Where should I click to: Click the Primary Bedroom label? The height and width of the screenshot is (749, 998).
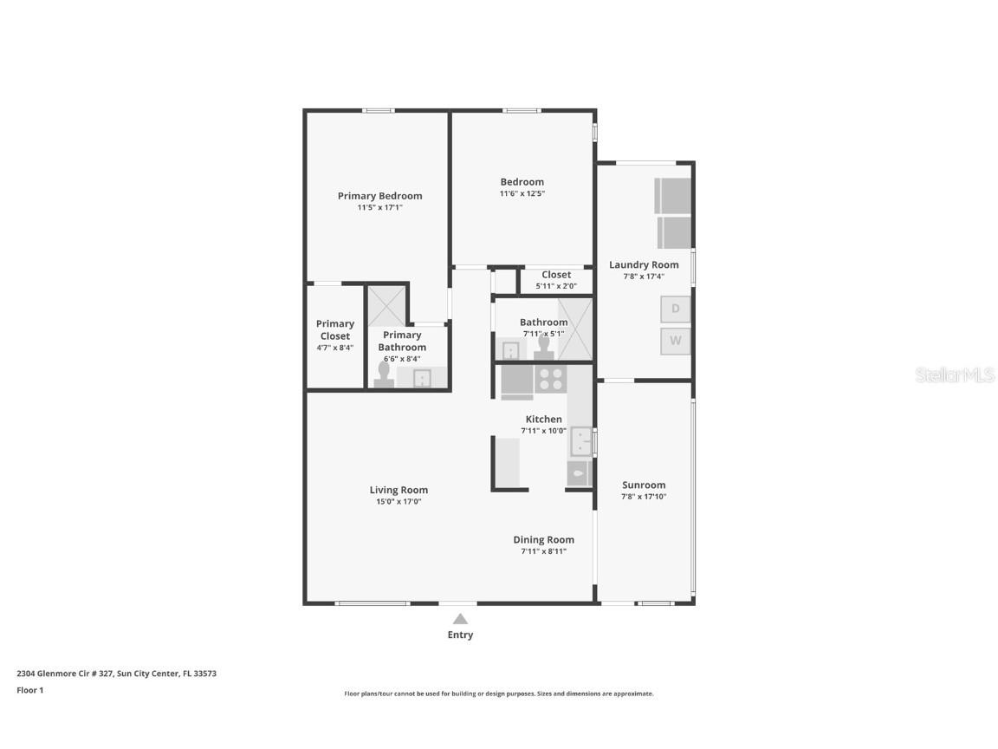pyautogui.click(x=379, y=196)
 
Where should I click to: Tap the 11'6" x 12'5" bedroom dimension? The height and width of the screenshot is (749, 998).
pyautogui.click(x=522, y=194)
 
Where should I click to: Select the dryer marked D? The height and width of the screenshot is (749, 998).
pyautogui.click(x=675, y=309)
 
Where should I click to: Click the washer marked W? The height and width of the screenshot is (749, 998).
pyautogui.click(x=675, y=341)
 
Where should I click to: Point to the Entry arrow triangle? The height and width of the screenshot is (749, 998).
pyautogui.click(x=460, y=619)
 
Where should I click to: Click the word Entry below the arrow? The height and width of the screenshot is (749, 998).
pyautogui.click(x=460, y=635)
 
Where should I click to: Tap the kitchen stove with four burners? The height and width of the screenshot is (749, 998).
pyautogui.click(x=551, y=380)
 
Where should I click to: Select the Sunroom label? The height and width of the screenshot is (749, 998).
pyautogui.click(x=644, y=485)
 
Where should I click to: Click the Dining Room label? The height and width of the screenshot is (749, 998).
pyautogui.click(x=543, y=539)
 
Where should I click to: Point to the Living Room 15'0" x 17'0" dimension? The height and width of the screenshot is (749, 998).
pyautogui.click(x=399, y=501)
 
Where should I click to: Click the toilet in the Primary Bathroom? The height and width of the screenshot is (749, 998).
pyautogui.click(x=384, y=373)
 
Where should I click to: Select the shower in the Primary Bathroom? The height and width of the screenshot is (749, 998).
pyautogui.click(x=386, y=305)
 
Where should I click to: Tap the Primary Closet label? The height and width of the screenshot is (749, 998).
pyautogui.click(x=334, y=329)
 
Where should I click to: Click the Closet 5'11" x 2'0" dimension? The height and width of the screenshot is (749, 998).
pyautogui.click(x=555, y=286)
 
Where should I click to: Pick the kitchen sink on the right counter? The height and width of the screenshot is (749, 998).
pyautogui.click(x=580, y=441)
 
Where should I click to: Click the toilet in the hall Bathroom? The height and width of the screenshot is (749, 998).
pyautogui.click(x=544, y=347)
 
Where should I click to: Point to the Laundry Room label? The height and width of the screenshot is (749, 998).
pyautogui.click(x=644, y=264)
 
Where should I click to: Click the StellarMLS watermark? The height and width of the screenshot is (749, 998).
pyautogui.click(x=954, y=374)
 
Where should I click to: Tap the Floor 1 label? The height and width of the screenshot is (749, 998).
pyautogui.click(x=29, y=691)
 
